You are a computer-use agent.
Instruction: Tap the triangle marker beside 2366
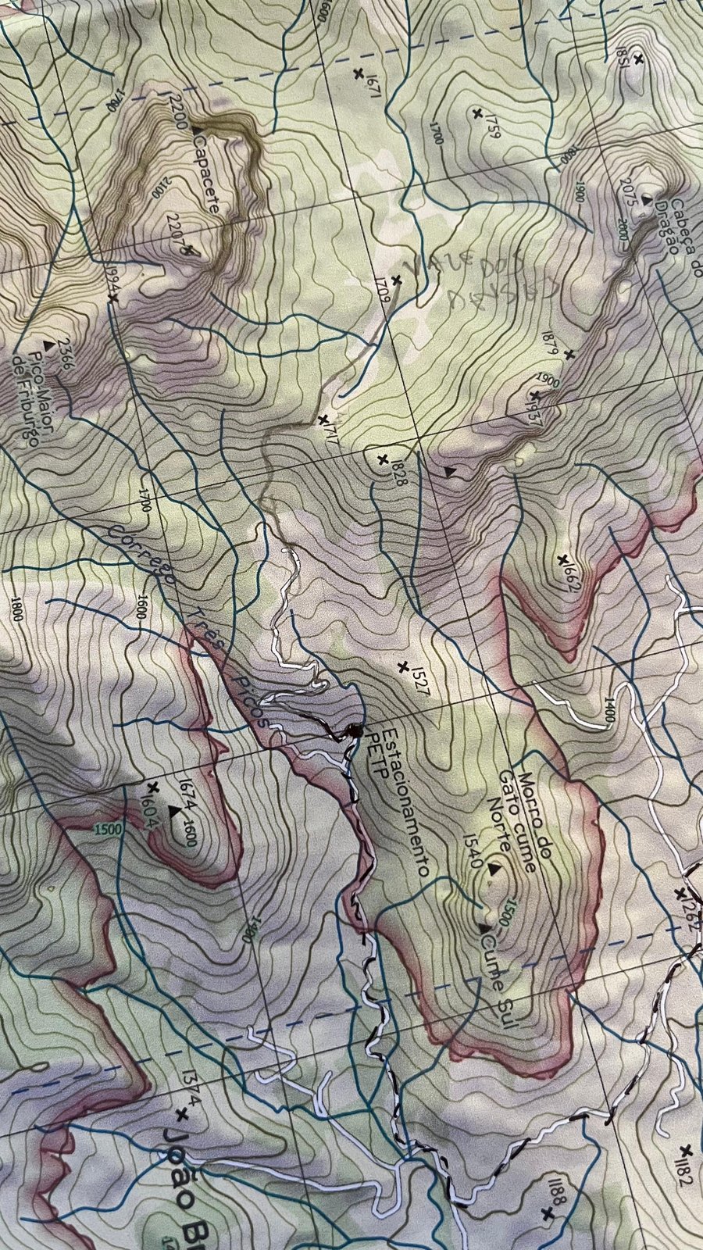(x=49, y=344)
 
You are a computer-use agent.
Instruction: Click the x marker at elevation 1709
(x=397, y=280)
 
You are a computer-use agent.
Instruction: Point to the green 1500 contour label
(x=108, y=829)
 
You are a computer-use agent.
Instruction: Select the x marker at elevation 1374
(x=183, y=1112)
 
